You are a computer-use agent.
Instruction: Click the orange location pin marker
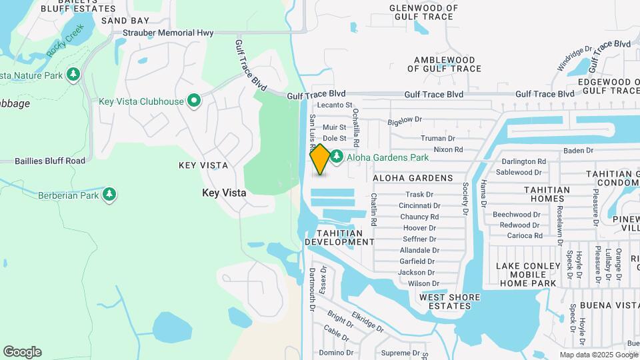(320, 159)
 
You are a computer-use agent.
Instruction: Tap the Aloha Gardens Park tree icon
(337, 157)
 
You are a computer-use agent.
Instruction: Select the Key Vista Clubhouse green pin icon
(194, 101)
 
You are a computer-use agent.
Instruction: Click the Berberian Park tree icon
(109, 195)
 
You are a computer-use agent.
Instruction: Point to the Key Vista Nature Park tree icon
(73, 75)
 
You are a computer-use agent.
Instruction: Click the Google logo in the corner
(22, 351)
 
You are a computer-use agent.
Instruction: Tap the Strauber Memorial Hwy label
(167, 33)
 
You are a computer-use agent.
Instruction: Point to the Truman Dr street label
(437, 138)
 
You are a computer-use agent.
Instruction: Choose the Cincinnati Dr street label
(419, 205)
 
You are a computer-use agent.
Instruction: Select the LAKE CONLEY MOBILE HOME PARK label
(526, 275)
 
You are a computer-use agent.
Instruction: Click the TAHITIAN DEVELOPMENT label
(339, 237)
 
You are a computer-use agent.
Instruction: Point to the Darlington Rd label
(524, 161)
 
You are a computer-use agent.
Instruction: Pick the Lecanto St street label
(335, 105)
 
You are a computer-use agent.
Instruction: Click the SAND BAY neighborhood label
(125, 21)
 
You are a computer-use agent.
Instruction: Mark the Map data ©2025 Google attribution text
(598, 355)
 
